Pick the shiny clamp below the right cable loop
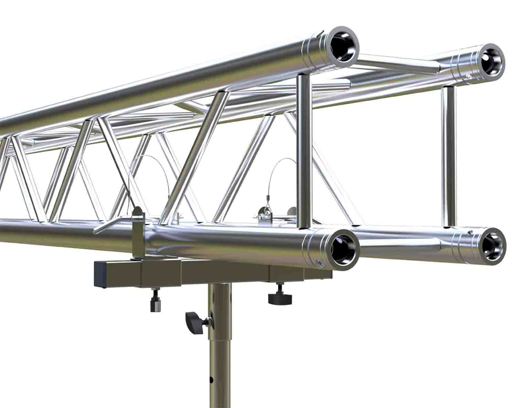click(263, 216)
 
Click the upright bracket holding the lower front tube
click(138, 234)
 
